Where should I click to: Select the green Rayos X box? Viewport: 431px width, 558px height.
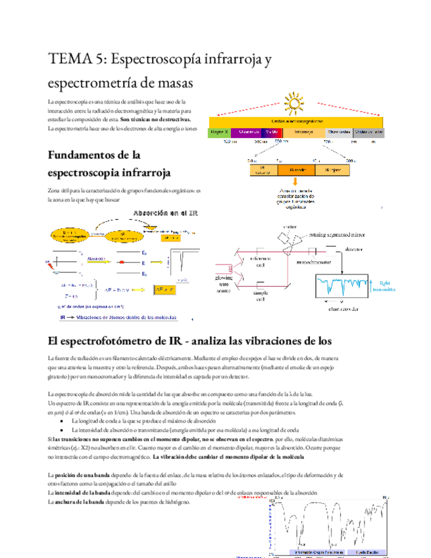point(220,132)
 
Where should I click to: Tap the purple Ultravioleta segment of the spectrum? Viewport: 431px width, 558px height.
point(248,132)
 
